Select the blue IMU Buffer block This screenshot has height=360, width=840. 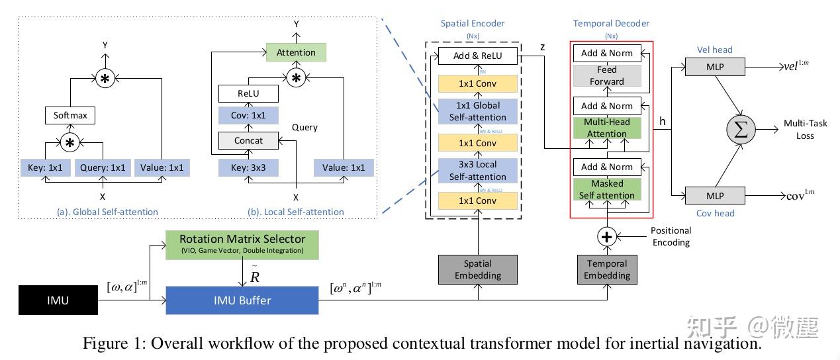click(x=242, y=300)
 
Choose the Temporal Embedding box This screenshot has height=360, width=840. click(x=606, y=269)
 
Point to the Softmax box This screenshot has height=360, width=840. click(x=70, y=116)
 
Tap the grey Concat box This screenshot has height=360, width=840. click(x=248, y=140)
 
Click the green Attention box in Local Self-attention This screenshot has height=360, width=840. click(x=296, y=52)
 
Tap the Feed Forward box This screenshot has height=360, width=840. click(x=606, y=75)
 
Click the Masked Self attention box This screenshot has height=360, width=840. click(x=606, y=189)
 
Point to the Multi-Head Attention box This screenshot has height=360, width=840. click(x=606, y=128)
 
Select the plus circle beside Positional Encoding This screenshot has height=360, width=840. click(x=606, y=236)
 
